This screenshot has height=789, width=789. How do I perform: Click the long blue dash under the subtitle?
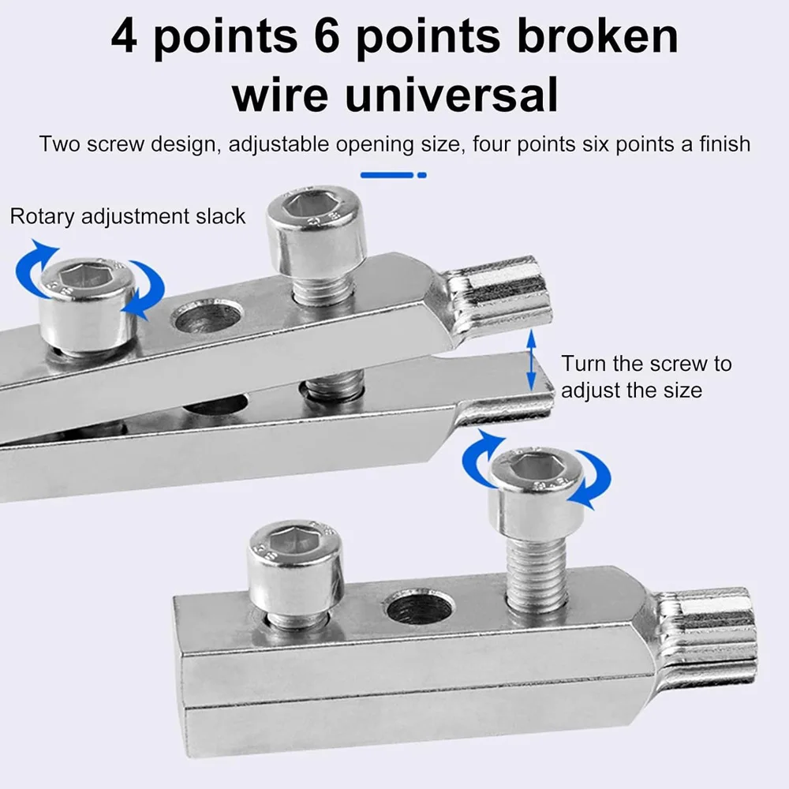coord(387,174)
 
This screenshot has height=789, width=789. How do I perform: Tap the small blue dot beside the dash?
coord(422,174)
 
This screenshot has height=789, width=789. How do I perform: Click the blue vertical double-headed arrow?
coord(532,361)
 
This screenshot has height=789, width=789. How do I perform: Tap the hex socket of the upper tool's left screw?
coord(86,275)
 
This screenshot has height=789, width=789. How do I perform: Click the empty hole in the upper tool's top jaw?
coord(208,316)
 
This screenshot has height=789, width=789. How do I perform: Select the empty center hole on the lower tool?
coord(419,608)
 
